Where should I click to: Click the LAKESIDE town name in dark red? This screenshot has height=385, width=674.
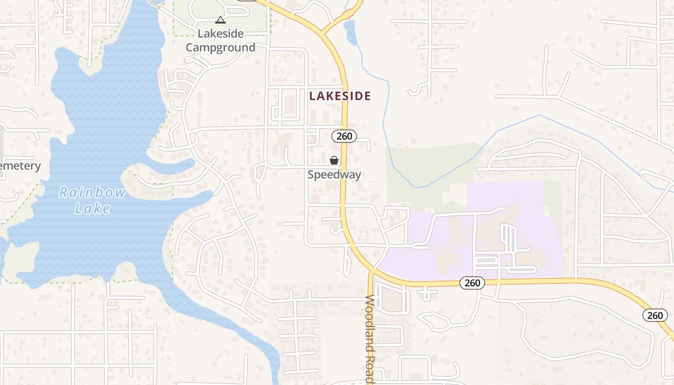[340, 96]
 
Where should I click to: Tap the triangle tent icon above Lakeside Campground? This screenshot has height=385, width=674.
[220, 20]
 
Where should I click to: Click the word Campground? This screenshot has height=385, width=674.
[220, 48]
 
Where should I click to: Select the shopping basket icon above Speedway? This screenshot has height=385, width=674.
[334, 160]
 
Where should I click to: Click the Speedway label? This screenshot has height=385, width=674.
[334, 175]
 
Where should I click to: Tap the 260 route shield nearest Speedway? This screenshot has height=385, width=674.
[344, 136]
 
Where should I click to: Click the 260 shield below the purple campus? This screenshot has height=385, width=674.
[472, 283]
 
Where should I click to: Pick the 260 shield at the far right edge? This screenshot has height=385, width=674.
[655, 315]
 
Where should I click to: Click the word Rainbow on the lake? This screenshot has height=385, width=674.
[92, 193]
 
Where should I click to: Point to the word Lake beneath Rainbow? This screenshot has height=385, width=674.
[92, 209]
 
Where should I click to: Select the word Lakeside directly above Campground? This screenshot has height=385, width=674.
[220, 34]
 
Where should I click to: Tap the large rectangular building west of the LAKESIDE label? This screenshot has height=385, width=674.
[289, 105]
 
